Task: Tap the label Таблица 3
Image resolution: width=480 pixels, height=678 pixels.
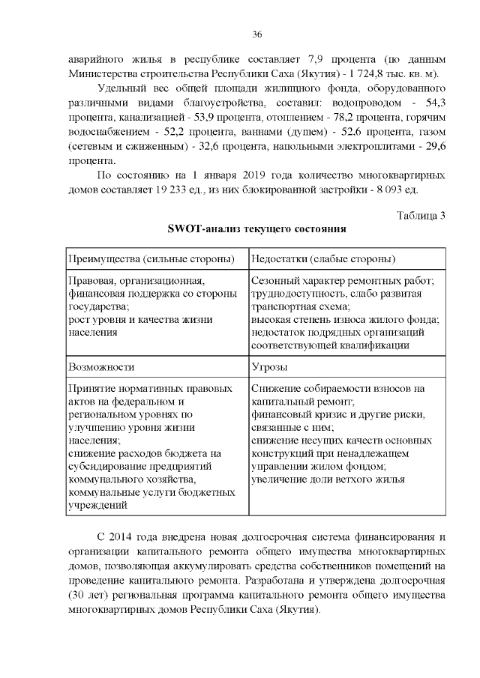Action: (421, 216)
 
